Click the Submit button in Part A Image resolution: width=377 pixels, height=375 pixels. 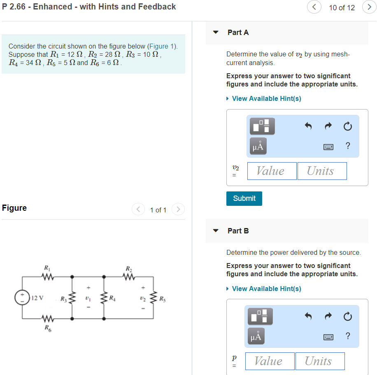tap(244, 198)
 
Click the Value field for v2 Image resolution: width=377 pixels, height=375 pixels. tap(272, 171)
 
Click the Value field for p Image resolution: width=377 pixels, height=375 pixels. tap(270, 361)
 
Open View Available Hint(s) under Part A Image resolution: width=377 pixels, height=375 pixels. tap(266, 98)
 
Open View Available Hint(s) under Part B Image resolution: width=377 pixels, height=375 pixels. tap(266, 289)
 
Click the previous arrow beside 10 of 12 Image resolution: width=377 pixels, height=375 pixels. tap(314, 7)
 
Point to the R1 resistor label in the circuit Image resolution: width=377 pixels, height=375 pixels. tap(47, 269)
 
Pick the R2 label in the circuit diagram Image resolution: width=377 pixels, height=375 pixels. tap(129, 269)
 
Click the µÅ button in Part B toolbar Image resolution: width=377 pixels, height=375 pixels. tap(256, 336)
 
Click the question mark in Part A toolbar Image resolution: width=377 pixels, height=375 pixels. tap(348, 146)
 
